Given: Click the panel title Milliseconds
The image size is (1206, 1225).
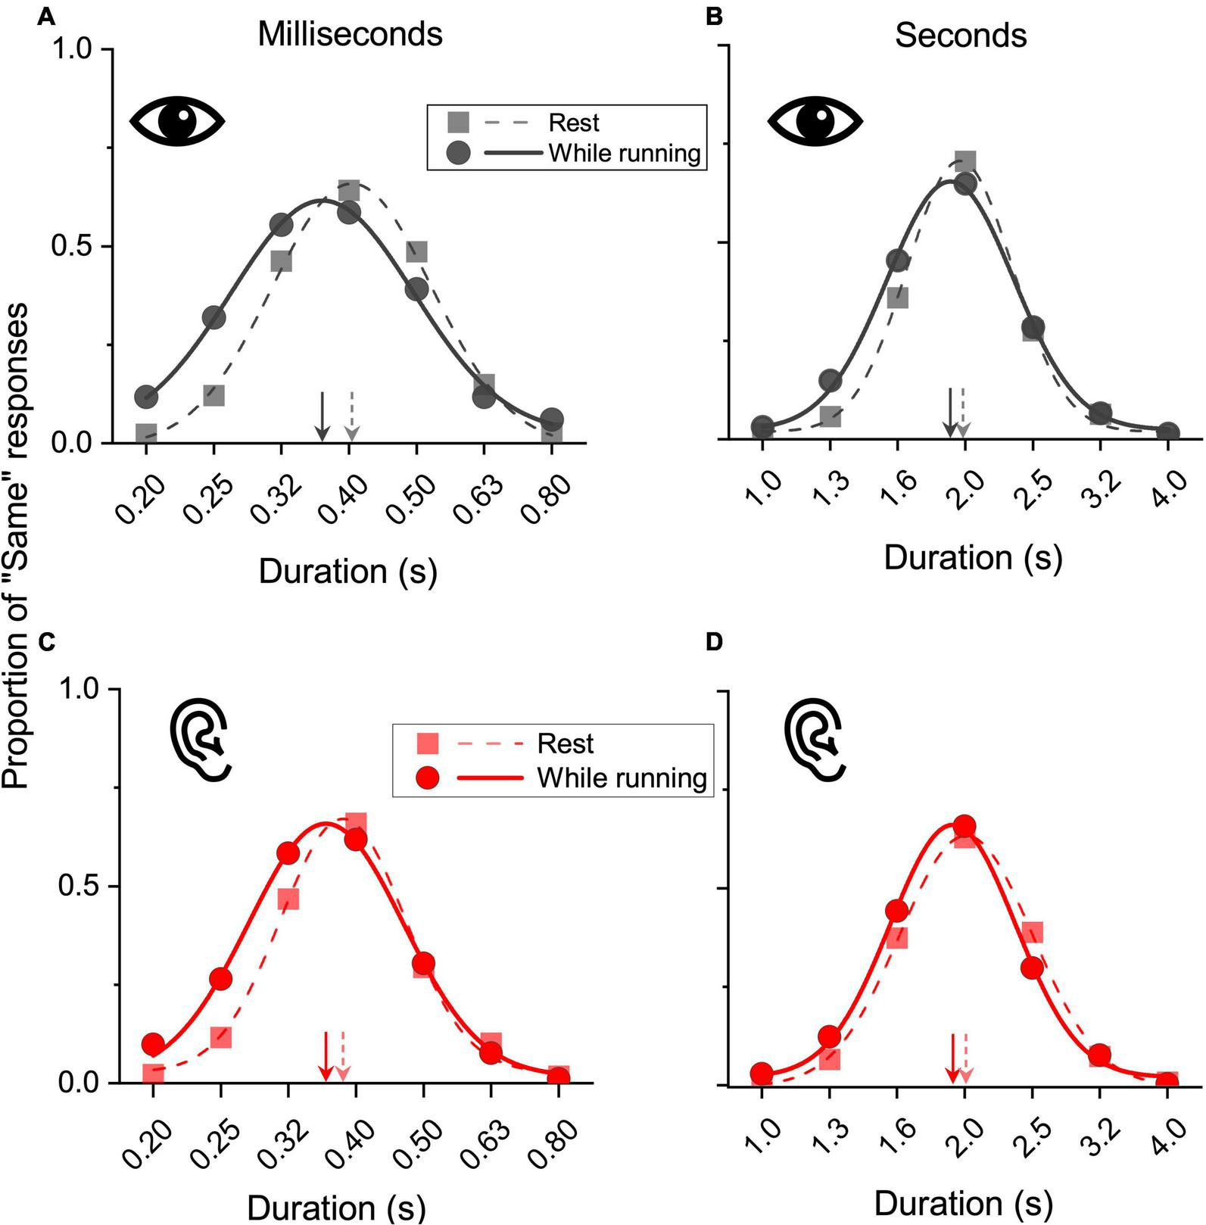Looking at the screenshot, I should click(350, 35).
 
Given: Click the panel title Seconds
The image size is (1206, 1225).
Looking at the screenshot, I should click(960, 36).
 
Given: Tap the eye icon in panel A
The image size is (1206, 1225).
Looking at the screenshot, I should click(177, 120).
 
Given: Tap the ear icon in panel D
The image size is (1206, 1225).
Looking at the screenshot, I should click(814, 740).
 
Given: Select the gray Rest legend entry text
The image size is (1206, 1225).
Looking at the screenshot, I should click(574, 123).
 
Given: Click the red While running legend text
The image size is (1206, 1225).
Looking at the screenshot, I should click(622, 778).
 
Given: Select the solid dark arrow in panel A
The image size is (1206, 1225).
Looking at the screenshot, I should click(323, 416).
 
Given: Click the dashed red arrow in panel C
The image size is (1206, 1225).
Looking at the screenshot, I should click(343, 1057).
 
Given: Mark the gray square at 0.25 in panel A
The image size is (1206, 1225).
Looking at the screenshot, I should click(214, 395).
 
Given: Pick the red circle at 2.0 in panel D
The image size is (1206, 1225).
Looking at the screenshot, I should click(964, 826).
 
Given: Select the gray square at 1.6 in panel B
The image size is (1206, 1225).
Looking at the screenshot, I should click(897, 298).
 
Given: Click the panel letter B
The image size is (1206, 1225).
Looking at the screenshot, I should click(713, 17).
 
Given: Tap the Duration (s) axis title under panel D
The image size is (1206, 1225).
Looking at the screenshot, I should click(963, 1202).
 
